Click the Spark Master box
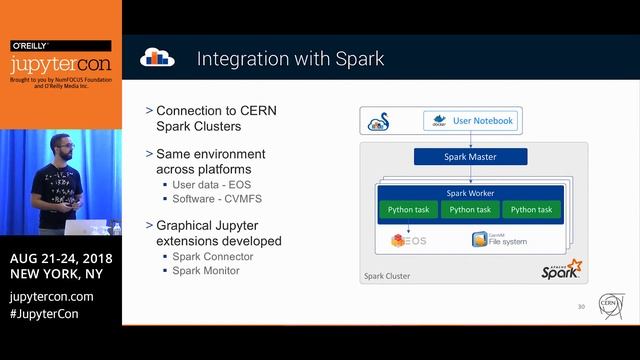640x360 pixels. [x=469, y=157]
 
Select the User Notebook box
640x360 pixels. [x=470, y=122]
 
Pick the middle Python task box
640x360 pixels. [x=469, y=210]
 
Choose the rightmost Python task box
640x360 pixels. [x=530, y=210]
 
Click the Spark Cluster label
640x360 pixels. [x=388, y=275]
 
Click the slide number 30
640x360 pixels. [x=581, y=306]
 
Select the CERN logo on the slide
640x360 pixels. [x=609, y=302]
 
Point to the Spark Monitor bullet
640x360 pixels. [x=203, y=272]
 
